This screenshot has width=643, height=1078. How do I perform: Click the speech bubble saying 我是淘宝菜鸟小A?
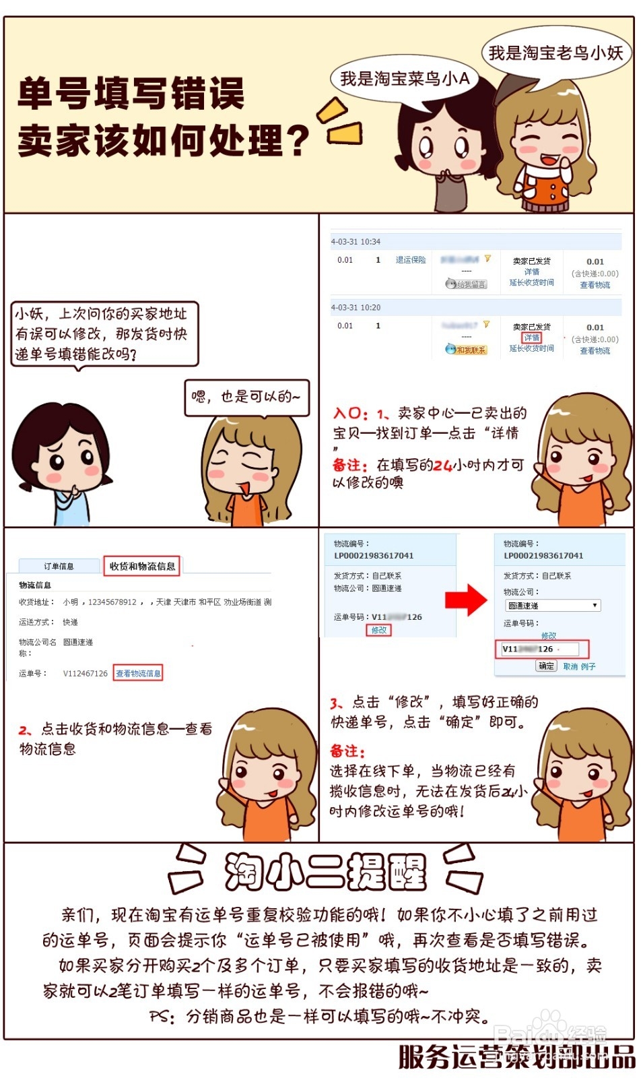[405, 80]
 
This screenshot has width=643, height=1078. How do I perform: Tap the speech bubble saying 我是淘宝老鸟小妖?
[555, 53]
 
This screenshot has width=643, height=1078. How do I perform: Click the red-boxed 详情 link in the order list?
[532, 338]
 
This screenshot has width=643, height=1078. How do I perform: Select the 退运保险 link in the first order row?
[411, 260]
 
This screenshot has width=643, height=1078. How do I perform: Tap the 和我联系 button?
[466, 350]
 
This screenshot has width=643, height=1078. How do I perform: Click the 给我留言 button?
[466, 284]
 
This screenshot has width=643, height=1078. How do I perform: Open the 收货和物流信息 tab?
[142, 566]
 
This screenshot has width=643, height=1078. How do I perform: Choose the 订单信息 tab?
[59, 567]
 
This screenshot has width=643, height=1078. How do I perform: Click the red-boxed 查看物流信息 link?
[138, 673]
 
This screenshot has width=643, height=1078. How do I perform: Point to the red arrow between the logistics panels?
[466, 599]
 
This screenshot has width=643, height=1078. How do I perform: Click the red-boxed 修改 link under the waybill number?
[380, 630]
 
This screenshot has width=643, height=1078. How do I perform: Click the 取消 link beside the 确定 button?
[570, 666]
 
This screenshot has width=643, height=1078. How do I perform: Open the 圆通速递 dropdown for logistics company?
[553, 606]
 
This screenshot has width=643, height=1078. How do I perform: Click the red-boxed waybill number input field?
[545, 649]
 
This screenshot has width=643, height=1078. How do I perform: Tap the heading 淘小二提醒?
[325, 873]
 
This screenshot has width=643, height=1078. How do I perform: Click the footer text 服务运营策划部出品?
[516, 1056]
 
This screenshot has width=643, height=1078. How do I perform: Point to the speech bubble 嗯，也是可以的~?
[246, 397]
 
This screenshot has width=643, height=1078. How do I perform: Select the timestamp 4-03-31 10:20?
[356, 307]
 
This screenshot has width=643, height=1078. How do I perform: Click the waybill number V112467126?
[86, 673]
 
